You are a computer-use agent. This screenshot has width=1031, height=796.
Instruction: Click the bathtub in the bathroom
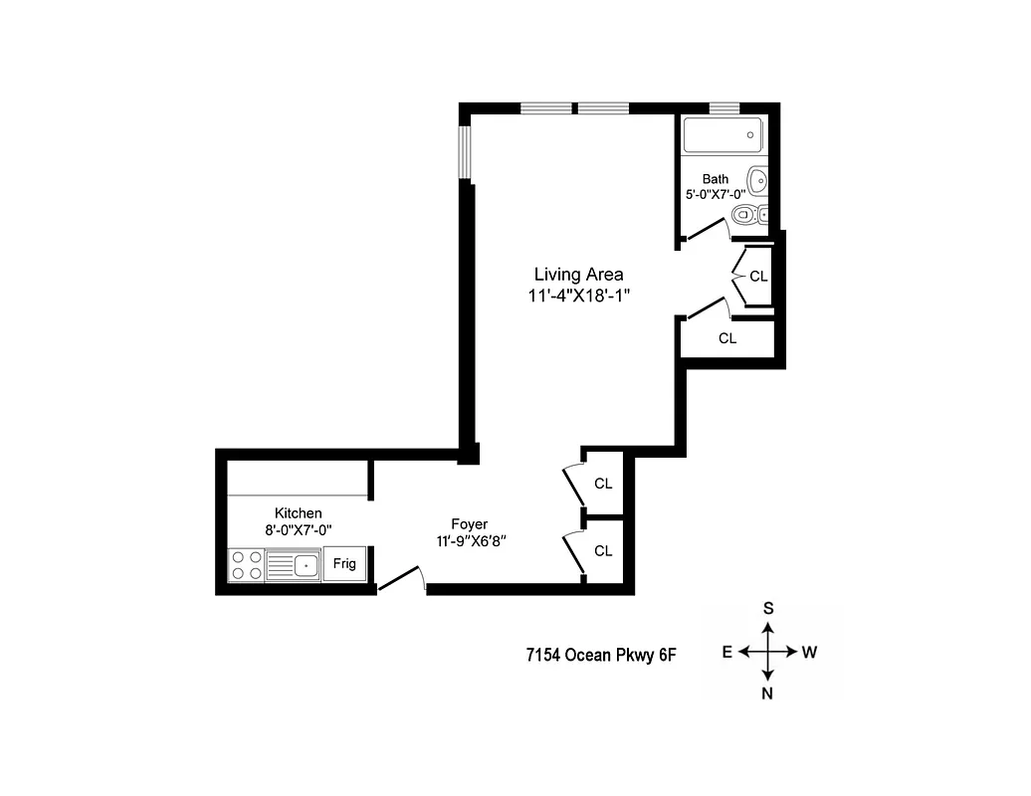coord(722,135)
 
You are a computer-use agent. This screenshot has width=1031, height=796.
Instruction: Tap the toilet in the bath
coord(745,214)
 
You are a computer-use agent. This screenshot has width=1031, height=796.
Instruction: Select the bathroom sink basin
coord(757,181)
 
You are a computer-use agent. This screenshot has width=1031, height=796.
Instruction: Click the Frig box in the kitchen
coord(344,563)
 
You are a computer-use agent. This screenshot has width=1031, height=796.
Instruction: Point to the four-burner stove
coord(247,565)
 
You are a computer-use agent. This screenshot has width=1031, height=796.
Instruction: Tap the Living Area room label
coord(578,275)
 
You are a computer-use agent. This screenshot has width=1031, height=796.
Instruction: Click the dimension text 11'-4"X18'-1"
coord(580,296)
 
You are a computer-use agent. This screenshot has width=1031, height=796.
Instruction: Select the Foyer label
coord(469,524)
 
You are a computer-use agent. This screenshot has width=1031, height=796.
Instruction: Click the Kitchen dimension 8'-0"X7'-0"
coord(298,530)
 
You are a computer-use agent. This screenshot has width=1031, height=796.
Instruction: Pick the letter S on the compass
coord(768,608)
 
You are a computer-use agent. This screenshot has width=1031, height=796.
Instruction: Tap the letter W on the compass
coord(809,653)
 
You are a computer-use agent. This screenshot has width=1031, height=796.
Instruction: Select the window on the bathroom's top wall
coord(724,107)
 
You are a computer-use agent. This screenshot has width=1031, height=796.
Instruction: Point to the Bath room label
coord(715,179)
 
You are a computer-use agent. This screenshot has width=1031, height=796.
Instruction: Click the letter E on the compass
coord(727,653)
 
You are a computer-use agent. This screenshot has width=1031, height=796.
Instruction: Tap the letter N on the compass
coord(768,696)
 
